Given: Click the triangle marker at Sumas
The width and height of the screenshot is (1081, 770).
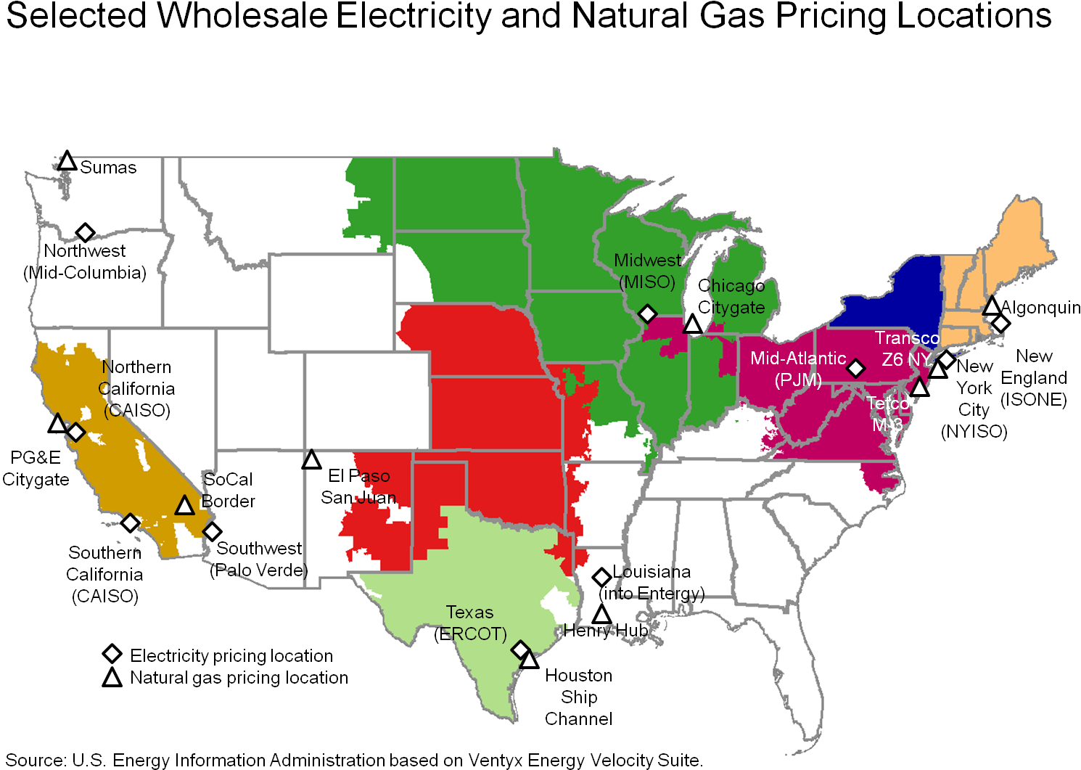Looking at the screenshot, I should [x=67, y=161].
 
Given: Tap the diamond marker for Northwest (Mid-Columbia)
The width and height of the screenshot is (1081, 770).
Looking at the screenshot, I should [x=85, y=232].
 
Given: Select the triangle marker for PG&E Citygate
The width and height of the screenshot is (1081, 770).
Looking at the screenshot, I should [x=57, y=424].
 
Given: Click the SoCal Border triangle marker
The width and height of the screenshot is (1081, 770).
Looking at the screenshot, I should [x=185, y=506].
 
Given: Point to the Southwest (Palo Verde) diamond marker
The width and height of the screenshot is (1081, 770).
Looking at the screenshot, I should [x=212, y=532].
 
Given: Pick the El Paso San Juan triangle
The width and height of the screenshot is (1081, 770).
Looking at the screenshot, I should [x=311, y=460].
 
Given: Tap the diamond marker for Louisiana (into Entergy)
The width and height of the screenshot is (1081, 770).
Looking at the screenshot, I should [x=601, y=577].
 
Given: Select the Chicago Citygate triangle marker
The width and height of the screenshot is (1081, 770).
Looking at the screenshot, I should [x=693, y=324].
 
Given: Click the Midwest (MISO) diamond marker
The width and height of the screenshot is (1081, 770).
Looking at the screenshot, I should [x=647, y=314].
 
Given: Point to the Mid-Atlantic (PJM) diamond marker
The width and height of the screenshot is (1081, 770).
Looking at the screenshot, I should [x=856, y=369].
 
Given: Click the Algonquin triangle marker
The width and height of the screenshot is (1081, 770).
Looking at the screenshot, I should [x=992, y=306].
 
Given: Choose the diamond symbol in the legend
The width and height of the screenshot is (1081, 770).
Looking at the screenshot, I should [x=112, y=654].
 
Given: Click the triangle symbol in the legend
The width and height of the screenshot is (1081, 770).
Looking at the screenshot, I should [x=112, y=678].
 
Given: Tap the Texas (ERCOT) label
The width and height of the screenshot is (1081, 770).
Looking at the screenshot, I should [x=470, y=623].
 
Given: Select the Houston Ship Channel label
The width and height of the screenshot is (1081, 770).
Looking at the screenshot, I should [x=578, y=697].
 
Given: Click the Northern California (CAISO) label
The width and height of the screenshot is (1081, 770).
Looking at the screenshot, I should [x=136, y=388].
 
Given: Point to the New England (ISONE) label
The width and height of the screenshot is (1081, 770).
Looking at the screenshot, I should [x=1034, y=377].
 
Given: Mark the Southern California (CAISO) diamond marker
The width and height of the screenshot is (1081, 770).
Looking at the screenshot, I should [x=130, y=523].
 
